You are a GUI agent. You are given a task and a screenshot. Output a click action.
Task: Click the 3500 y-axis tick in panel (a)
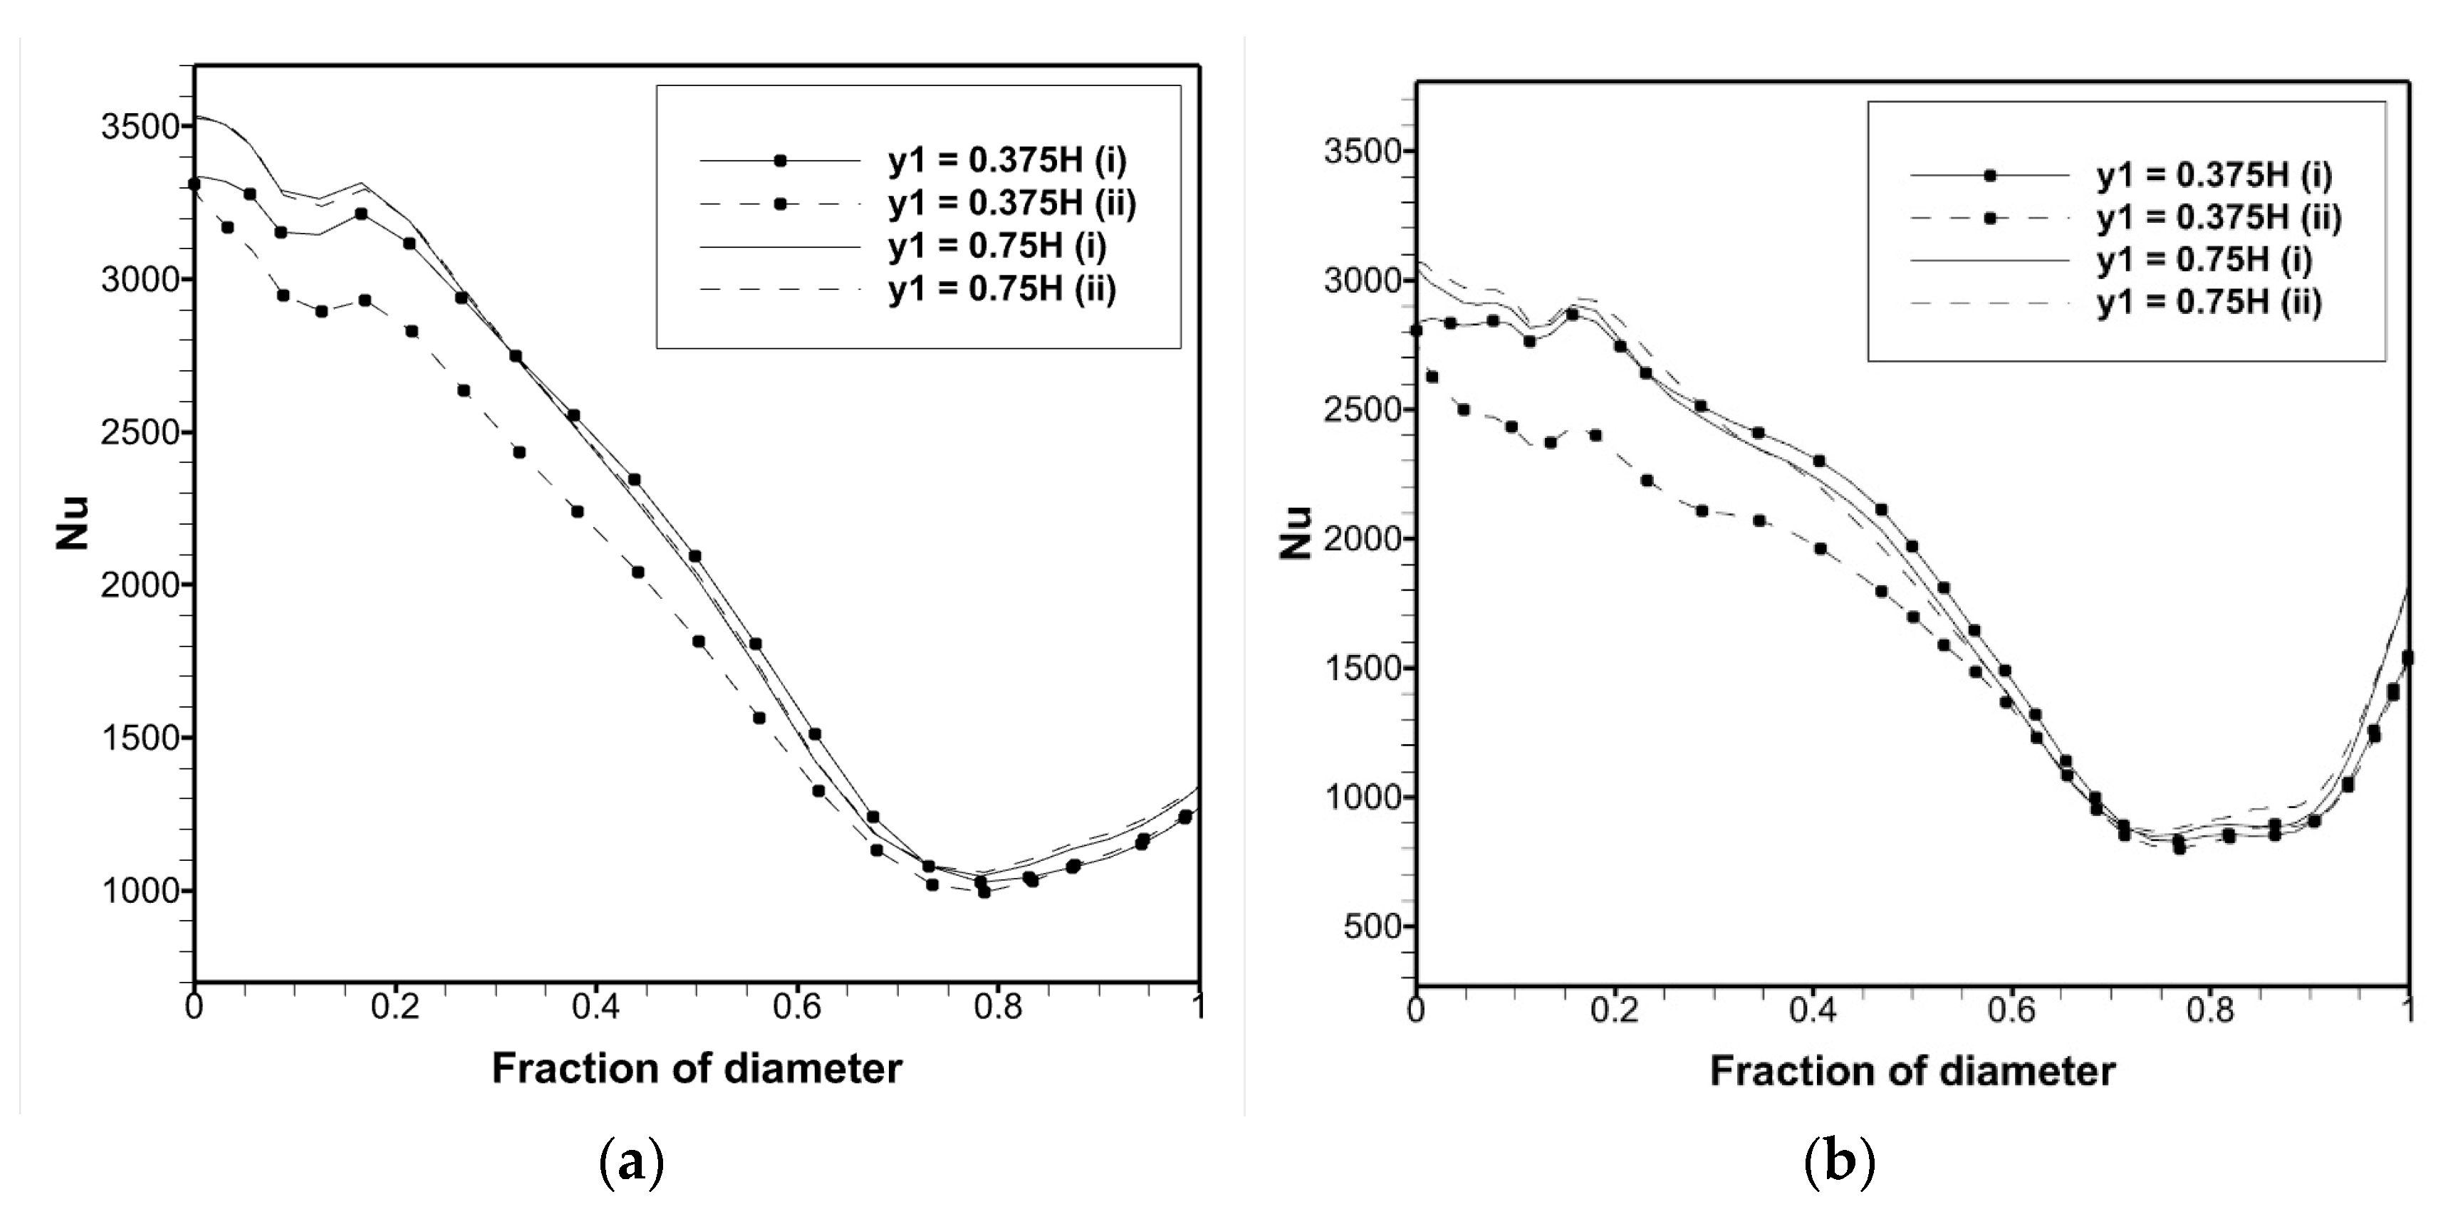click(x=140, y=126)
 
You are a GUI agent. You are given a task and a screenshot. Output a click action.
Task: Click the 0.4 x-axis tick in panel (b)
click(x=1811, y=1009)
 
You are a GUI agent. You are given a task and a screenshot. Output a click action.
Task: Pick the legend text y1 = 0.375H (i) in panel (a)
click(x=1007, y=161)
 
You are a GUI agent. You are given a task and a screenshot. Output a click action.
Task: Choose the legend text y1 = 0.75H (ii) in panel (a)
click(x=1003, y=288)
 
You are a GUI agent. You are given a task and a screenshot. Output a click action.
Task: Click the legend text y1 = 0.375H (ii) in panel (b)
click(x=2219, y=218)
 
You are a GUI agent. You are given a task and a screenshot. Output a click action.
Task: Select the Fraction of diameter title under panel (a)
click(x=697, y=1069)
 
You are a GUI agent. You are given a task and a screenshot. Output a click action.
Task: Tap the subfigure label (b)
click(x=1839, y=1163)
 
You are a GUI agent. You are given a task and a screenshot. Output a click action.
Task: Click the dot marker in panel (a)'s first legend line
click(x=780, y=161)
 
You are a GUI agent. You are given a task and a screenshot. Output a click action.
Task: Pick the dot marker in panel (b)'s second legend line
click(x=1990, y=218)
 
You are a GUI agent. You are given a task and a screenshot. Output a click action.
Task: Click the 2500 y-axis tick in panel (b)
click(x=1365, y=409)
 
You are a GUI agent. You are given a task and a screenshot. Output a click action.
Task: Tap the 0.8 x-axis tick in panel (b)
click(x=2210, y=1009)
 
